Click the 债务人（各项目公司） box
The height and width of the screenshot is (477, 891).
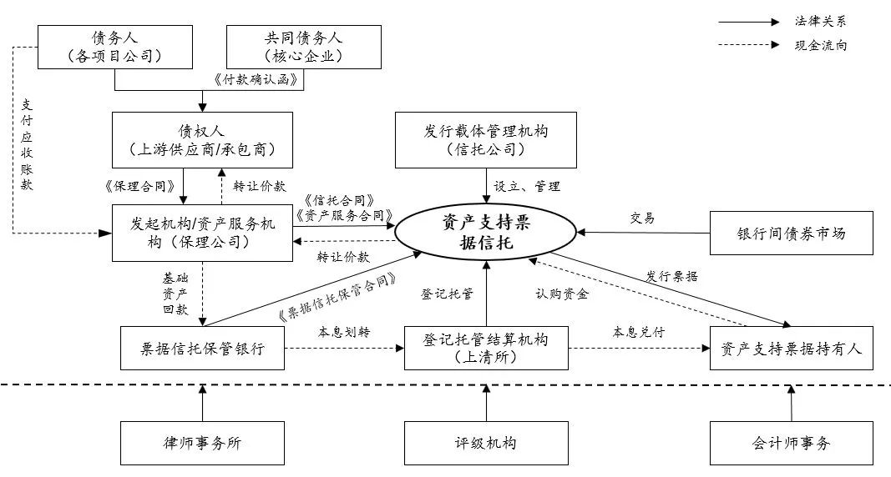click(x=114, y=47)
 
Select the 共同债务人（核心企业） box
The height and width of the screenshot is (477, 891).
click(x=304, y=47)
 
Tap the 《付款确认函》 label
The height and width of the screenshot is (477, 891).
click(x=257, y=81)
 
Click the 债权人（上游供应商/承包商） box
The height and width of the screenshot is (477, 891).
click(x=202, y=140)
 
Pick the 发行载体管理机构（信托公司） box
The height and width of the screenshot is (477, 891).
click(x=486, y=140)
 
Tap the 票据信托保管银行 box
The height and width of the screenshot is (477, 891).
click(x=202, y=349)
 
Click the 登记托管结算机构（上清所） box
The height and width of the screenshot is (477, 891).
click(x=486, y=349)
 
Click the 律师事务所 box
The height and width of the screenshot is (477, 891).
click(x=202, y=443)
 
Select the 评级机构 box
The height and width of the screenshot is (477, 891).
click(x=486, y=443)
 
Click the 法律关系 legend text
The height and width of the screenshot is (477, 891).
click(x=820, y=21)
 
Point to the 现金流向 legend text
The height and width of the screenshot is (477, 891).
click(x=820, y=45)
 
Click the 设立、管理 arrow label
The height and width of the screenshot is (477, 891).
click(x=526, y=187)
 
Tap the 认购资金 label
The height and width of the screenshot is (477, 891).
click(x=561, y=294)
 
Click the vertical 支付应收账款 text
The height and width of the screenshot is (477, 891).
click(x=27, y=145)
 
